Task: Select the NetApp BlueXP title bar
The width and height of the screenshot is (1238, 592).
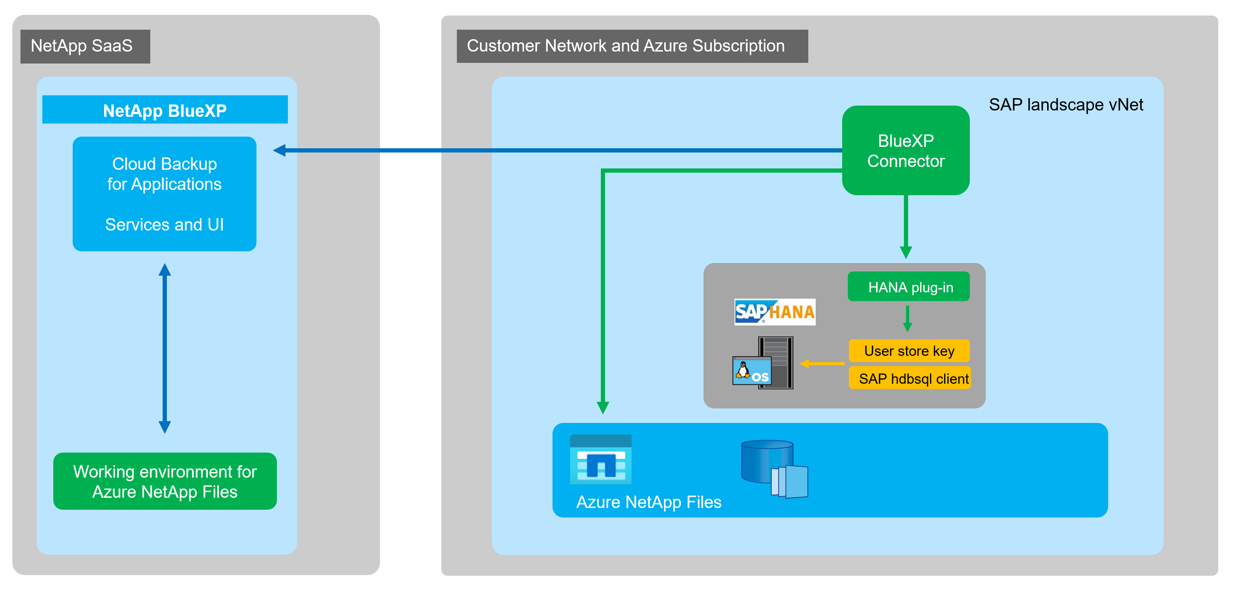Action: tap(165, 110)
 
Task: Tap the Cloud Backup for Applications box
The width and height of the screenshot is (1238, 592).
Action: tap(164, 193)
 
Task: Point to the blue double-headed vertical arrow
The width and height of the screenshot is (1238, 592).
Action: tap(165, 348)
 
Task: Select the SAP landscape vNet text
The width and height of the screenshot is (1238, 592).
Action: tap(1065, 105)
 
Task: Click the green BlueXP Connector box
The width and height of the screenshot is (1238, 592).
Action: tap(905, 150)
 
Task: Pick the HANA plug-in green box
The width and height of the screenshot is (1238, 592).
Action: tap(908, 287)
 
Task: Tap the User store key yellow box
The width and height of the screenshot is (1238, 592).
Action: tap(908, 351)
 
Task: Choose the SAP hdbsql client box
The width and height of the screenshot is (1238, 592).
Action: tap(909, 378)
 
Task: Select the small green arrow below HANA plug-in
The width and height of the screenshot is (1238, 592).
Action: tap(907, 319)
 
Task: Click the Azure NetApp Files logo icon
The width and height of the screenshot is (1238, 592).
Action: tap(600, 460)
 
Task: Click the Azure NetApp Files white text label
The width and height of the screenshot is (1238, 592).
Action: tap(648, 502)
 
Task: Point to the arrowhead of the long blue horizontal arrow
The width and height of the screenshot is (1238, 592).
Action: tap(280, 150)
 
